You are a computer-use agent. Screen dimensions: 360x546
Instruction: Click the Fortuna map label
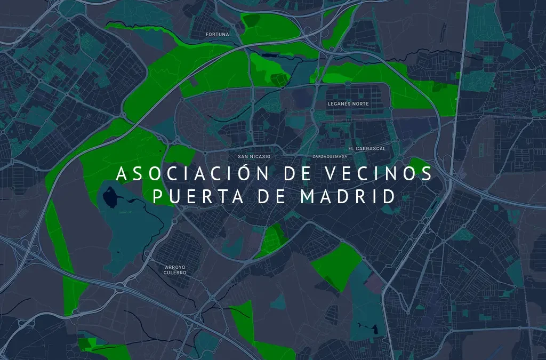pos(217,35)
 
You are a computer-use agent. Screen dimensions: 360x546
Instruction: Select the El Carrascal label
pos(366,148)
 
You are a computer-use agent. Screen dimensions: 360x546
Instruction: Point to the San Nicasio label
pos(254,156)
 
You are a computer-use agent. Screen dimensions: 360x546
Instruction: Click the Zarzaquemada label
pos(331,157)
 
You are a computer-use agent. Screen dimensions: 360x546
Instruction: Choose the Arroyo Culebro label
pos(175,269)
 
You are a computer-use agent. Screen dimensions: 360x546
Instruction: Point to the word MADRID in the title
pos(349,196)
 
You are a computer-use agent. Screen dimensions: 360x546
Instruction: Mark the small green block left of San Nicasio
pos(180,155)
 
